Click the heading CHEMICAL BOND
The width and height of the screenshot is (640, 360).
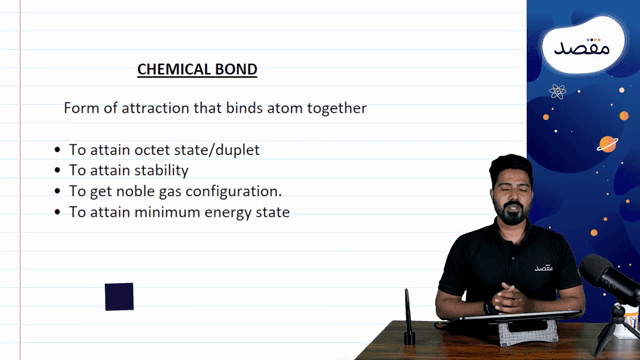click(197, 70)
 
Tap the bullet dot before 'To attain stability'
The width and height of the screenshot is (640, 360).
click(58, 171)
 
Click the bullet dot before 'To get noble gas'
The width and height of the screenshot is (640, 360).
click(58, 192)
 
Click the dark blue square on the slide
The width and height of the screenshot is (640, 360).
click(119, 297)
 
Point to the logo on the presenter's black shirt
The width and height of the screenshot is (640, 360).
click(543, 267)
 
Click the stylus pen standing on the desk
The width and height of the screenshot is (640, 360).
click(408, 317)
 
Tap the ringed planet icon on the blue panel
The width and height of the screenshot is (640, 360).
click(606, 144)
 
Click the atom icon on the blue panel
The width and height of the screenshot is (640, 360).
click(558, 92)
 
